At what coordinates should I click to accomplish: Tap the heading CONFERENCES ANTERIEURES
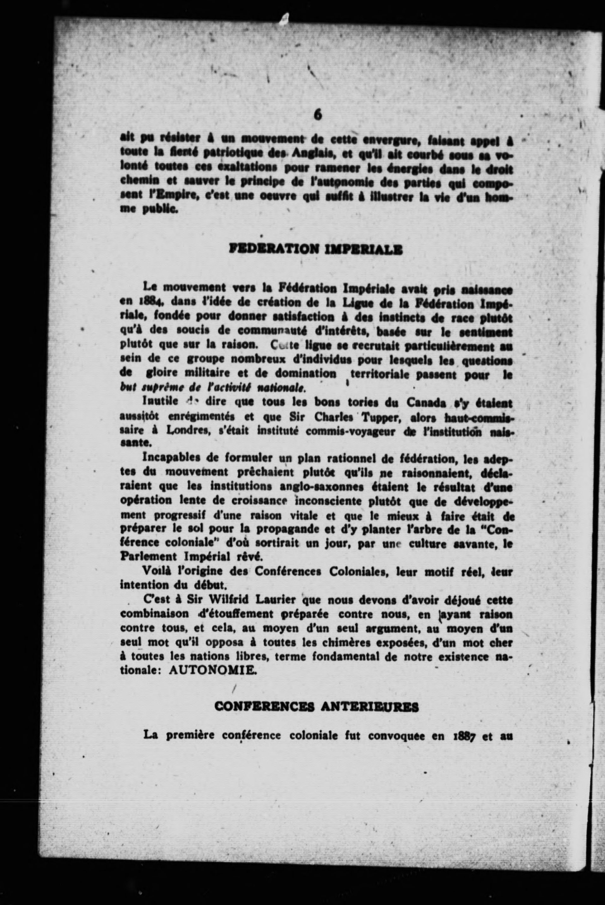point(316,707)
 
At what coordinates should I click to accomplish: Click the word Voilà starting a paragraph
point(156,571)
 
